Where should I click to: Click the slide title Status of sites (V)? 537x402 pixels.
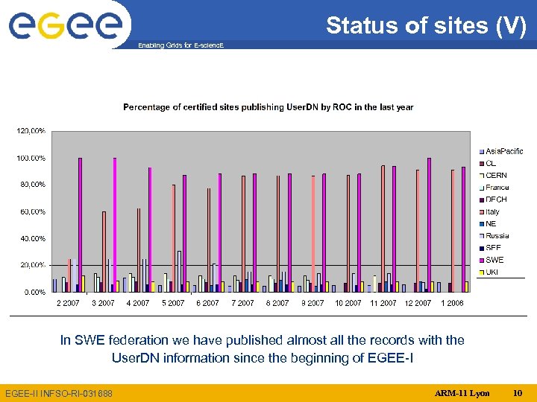coord(426,26)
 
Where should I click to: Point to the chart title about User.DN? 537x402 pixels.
coord(268,107)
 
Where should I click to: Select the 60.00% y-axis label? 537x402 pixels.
coord(32,211)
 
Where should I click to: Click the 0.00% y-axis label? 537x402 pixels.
coord(34,292)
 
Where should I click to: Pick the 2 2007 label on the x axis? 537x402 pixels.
coord(68,303)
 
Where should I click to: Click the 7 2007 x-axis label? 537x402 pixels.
coord(242,303)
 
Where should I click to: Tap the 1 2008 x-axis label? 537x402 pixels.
coord(452,303)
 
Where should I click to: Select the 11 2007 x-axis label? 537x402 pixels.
coord(383,303)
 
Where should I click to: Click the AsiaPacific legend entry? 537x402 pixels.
coord(504,151)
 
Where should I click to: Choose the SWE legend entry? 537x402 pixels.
coord(494,260)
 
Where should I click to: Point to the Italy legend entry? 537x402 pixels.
coord(493,211)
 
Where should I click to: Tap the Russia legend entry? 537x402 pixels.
coord(497,236)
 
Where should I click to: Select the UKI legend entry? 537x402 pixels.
coord(492,272)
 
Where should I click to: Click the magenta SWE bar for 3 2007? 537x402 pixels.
coord(115,224)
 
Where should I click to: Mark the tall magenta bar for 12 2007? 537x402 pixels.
coord(429,224)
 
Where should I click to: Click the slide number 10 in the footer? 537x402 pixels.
coord(518,392)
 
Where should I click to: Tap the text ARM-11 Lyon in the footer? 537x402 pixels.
coord(462,392)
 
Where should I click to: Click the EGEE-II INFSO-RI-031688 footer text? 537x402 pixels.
coord(59,393)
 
